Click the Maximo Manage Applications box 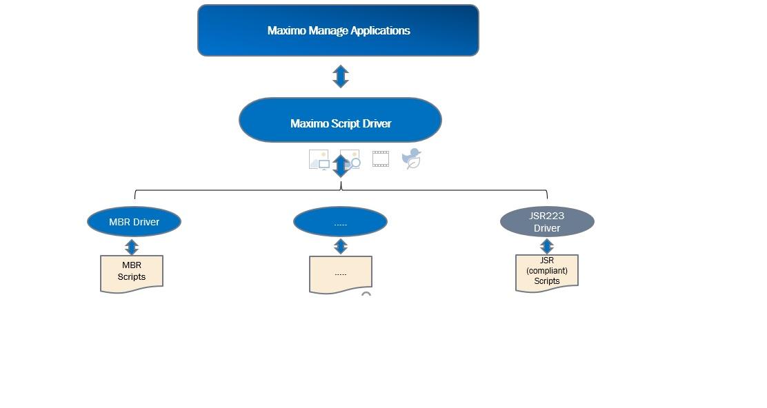(x=338, y=30)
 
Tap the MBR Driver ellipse (x=134, y=222)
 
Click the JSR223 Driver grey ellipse (x=547, y=222)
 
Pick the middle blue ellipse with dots (x=340, y=222)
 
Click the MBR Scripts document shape (x=132, y=273)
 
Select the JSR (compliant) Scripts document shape (x=547, y=272)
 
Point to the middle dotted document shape (x=341, y=274)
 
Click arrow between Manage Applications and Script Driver (x=340, y=76)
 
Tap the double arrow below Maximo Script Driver (x=341, y=166)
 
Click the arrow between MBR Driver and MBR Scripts (x=132, y=247)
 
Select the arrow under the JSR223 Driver (x=547, y=246)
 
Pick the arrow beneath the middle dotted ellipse (x=340, y=247)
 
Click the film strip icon (x=381, y=159)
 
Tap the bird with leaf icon (x=412, y=159)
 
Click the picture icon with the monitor (x=318, y=160)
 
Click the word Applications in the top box (x=380, y=30)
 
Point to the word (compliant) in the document (x=547, y=271)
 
